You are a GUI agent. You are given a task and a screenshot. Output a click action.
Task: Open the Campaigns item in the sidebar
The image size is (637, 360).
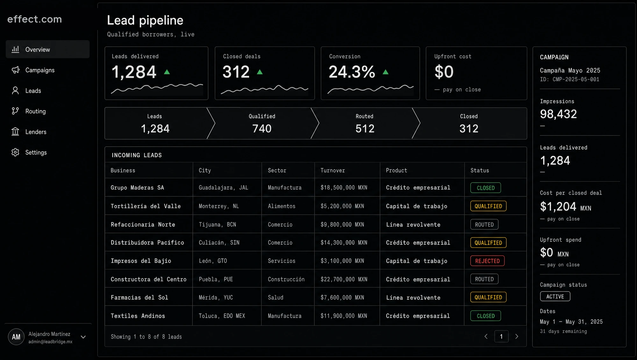tap(40, 70)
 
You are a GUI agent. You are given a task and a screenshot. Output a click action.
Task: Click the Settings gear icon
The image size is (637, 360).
tap(15, 152)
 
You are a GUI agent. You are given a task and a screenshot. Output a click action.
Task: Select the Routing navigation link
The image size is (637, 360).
tap(35, 111)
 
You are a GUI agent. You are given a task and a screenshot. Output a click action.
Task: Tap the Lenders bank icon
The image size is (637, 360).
tap(15, 132)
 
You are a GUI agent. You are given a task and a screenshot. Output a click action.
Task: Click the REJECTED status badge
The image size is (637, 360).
tap(487, 261)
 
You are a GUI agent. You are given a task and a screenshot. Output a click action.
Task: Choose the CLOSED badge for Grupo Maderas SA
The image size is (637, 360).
tap(485, 188)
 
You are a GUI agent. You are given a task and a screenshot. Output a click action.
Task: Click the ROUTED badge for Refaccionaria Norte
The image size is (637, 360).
tap(484, 225)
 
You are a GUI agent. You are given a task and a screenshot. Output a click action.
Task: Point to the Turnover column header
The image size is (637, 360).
tap(333, 170)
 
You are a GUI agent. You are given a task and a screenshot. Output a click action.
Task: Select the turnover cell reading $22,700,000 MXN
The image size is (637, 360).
tap(344, 279)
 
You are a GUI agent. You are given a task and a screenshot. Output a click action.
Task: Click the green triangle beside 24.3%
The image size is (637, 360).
tap(385, 72)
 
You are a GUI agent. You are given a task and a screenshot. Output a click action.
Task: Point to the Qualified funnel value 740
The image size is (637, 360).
tap(262, 129)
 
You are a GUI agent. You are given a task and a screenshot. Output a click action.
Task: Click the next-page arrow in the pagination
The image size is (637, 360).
tap(517, 336)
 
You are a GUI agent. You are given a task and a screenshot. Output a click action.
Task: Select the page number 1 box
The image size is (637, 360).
tap(501, 336)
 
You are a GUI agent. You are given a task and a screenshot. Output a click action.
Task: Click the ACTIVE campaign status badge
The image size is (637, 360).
tap(555, 297)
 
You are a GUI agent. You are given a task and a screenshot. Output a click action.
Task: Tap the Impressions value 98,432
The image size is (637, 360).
tap(558, 114)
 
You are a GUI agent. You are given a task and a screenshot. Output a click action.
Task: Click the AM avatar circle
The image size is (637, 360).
tap(16, 337)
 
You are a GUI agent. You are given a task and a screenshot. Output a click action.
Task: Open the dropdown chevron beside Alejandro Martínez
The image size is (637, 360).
tap(83, 337)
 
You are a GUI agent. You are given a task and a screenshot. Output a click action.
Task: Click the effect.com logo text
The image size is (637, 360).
tap(34, 19)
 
